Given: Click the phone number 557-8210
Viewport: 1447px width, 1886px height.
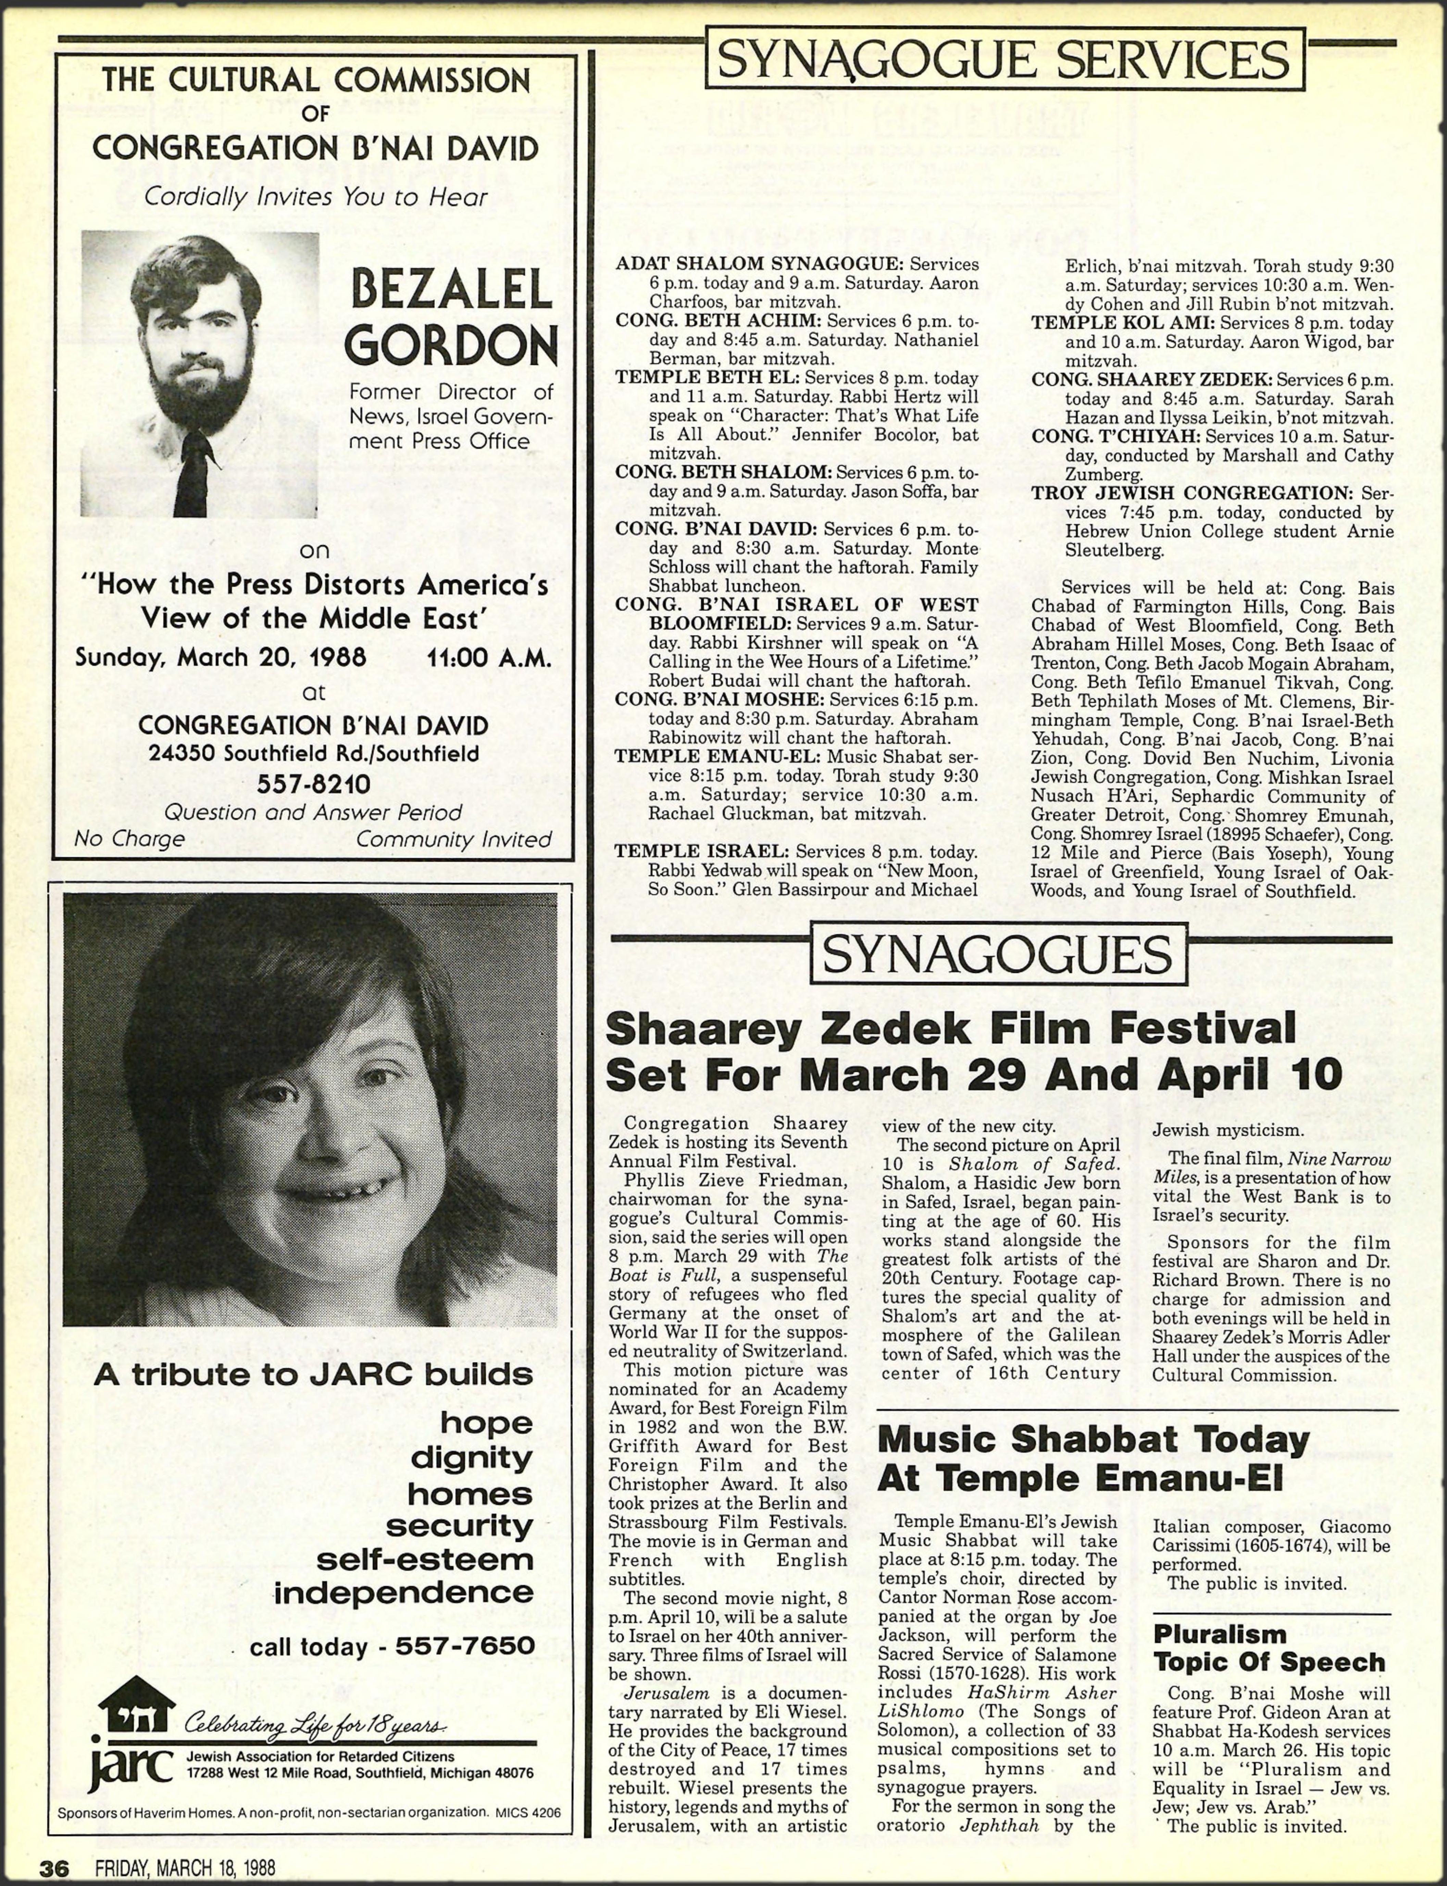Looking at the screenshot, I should pyautogui.click(x=313, y=784).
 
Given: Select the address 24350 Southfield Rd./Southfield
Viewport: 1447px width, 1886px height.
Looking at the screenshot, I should pyautogui.click(x=313, y=754).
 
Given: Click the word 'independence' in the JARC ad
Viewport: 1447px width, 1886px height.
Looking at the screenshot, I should pyautogui.click(x=404, y=1592).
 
